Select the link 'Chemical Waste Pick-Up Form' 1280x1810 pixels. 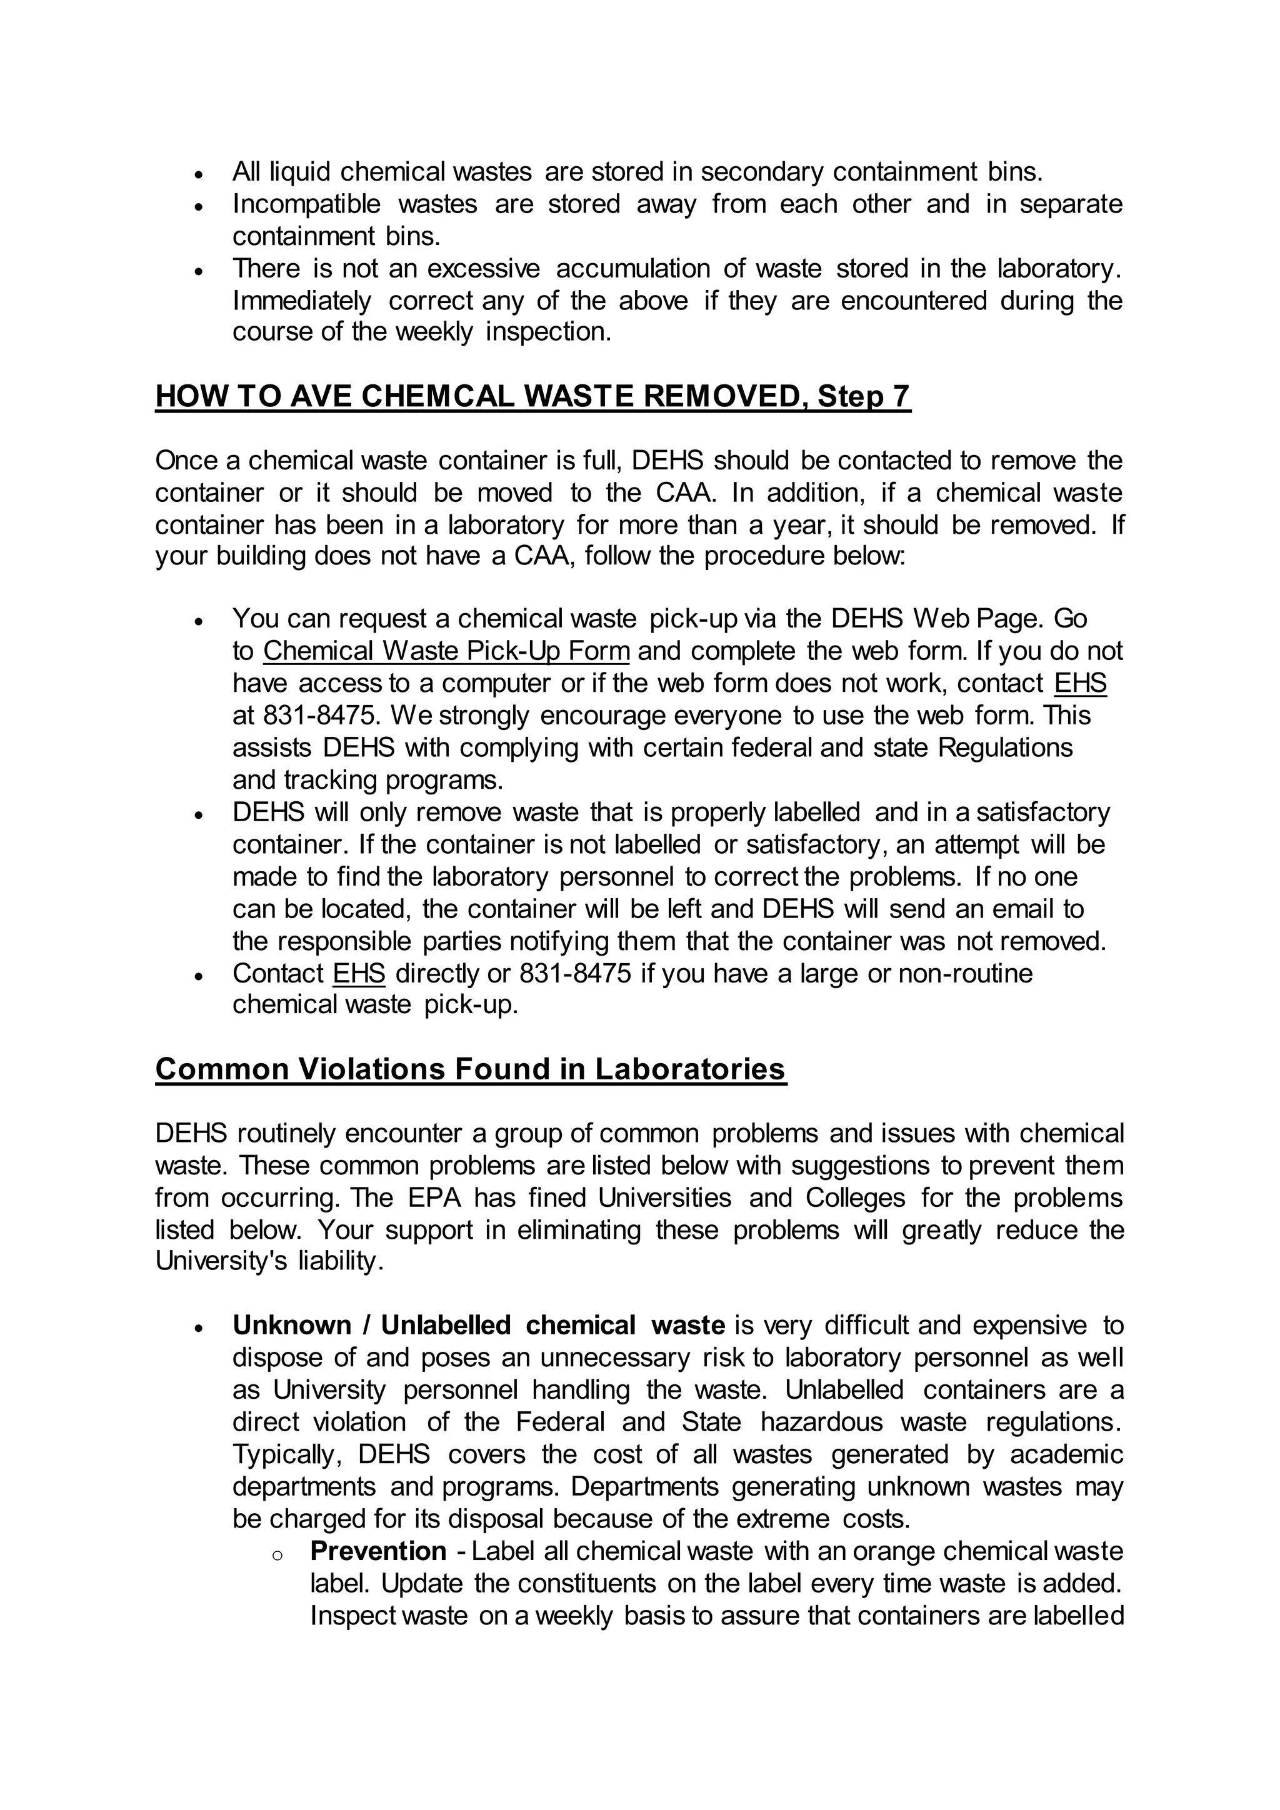pos(446,651)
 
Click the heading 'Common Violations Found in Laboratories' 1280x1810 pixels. pos(471,1069)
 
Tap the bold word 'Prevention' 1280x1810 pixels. pos(378,1551)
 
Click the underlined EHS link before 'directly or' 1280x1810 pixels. pos(359,974)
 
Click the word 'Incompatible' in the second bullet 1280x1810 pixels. pos(307,204)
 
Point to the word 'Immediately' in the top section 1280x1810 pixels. pos(301,301)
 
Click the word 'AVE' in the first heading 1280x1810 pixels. pos(321,396)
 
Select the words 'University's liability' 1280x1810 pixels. pos(269,1261)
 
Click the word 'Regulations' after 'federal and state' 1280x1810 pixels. pos(1005,747)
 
